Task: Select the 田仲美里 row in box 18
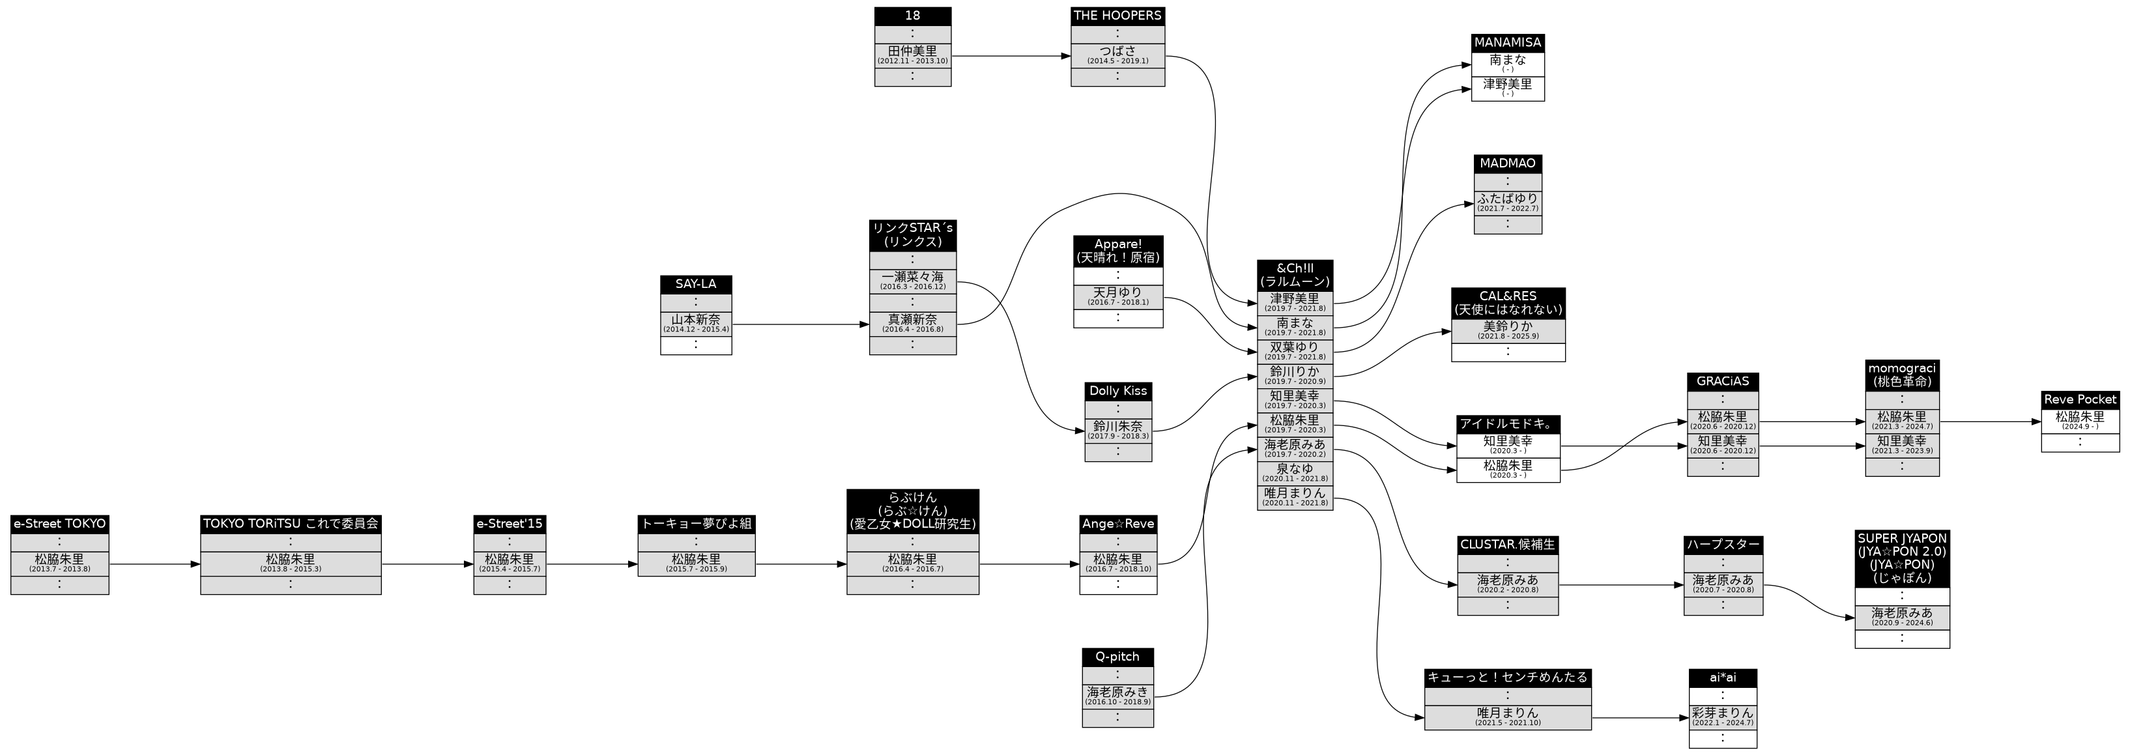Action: [x=912, y=55]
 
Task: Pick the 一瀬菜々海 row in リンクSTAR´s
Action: [x=912, y=280]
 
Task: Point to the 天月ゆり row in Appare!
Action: [x=1118, y=296]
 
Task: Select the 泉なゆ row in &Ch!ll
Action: [x=1294, y=473]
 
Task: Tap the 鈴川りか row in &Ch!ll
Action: [x=1294, y=375]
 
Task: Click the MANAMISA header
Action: [x=1507, y=42]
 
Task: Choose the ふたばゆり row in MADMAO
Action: [x=1507, y=203]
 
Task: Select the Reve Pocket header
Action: [x=2080, y=399]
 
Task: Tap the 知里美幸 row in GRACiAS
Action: [x=1722, y=445]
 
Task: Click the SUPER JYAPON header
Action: [x=1902, y=558]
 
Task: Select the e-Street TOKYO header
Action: [x=59, y=524]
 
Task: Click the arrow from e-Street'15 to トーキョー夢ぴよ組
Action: [x=591, y=565]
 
